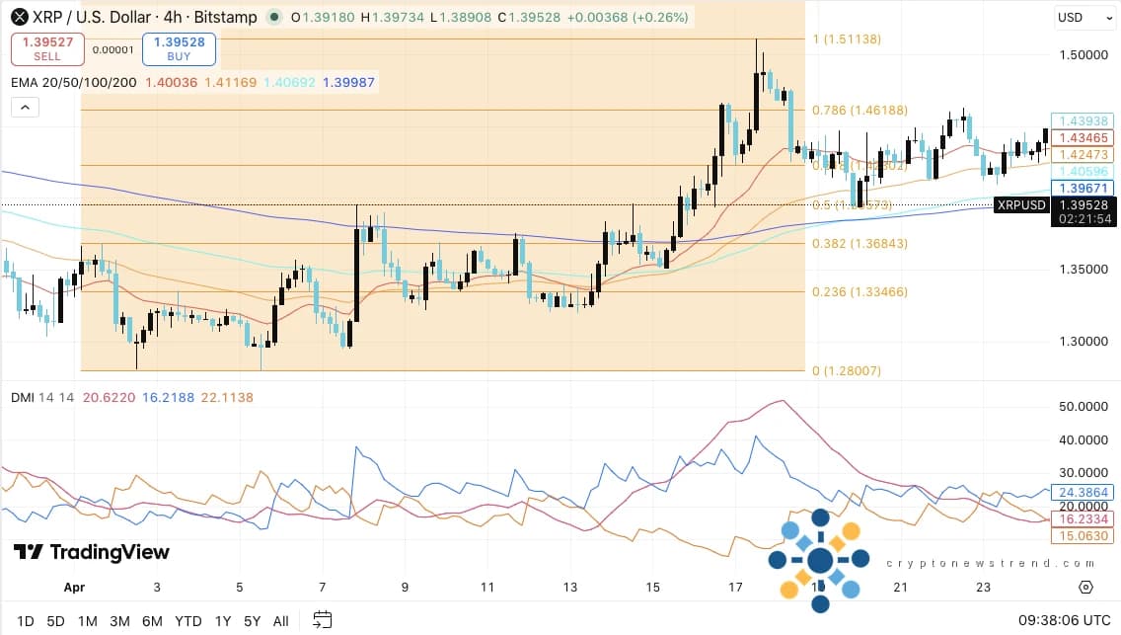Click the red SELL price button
[x=46, y=49]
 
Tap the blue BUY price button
[x=179, y=49]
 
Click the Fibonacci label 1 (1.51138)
[x=846, y=40]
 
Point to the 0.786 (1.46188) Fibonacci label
[x=859, y=111]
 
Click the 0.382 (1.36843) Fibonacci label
[x=859, y=243]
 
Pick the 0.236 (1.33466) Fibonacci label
[x=859, y=291]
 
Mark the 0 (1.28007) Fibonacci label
[x=846, y=371]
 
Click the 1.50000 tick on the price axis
[x=1082, y=55]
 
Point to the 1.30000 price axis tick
[x=1082, y=341]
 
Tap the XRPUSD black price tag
[x=1020, y=205]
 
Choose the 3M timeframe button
[x=119, y=621]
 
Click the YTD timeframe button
[x=187, y=621]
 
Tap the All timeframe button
[x=280, y=621]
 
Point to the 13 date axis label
[x=570, y=587]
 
